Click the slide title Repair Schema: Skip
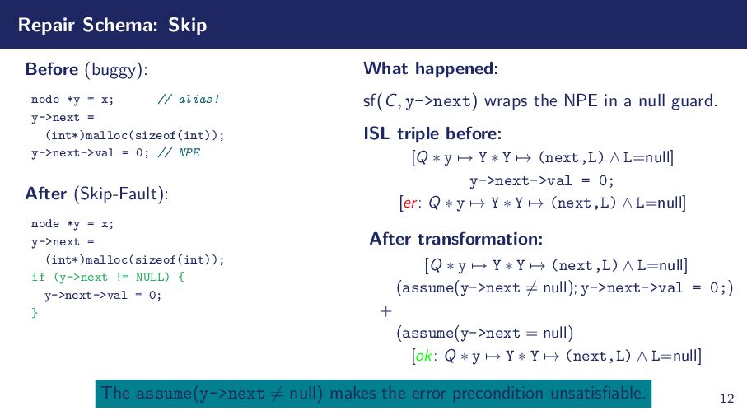pyautogui.click(x=112, y=26)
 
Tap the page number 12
pyautogui.click(x=726, y=399)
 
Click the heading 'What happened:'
pyautogui.click(x=431, y=68)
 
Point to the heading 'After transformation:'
pyautogui.click(x=455, y=239)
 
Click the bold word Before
pyautogui.click(x=51, y=68)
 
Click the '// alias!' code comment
pyautogui.click(x=189, y=100)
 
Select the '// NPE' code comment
pyautogui.click(x=179, y=152)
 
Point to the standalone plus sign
pyautogui.click(x=385, y=311)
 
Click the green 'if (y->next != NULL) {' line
pyautogui.click(x=107, y=277)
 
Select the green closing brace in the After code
pyautogui.click(x=34, y=312)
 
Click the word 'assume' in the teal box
pyautogui.click(x=163, y=393)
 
